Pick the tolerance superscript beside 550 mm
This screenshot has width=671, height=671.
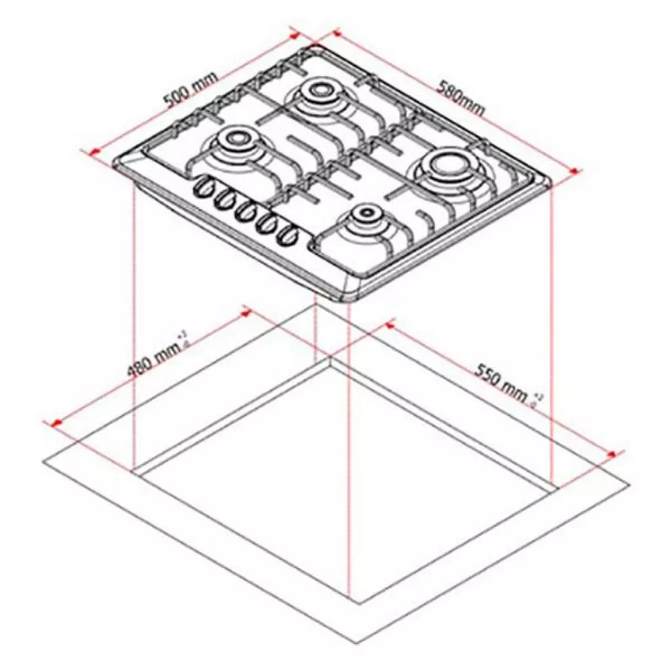[538, 400]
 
